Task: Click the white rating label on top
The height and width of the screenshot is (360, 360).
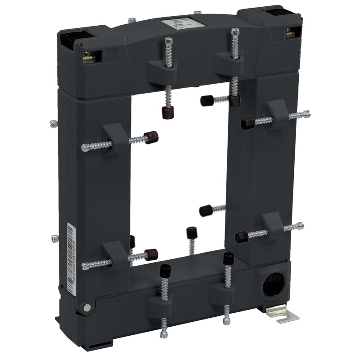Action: click(177, 23)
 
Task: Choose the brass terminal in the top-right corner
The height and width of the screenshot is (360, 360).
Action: click(290, 33)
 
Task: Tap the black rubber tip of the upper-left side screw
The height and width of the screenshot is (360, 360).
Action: click(151, 137)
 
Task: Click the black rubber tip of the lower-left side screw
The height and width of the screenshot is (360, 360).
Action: click(151, 255)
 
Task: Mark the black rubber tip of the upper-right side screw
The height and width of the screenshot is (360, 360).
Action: click(247, 123)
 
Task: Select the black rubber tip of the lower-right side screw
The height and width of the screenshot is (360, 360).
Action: click(241, 236)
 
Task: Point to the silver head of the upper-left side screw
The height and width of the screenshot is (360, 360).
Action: click(85, 148)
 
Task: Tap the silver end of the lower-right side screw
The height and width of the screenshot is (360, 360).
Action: click(300, 225)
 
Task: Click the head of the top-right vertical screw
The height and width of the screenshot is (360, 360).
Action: click(234, 32)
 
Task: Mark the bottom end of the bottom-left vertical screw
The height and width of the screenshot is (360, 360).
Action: click(164, 334)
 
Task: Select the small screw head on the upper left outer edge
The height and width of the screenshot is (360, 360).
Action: click(53, 123)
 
